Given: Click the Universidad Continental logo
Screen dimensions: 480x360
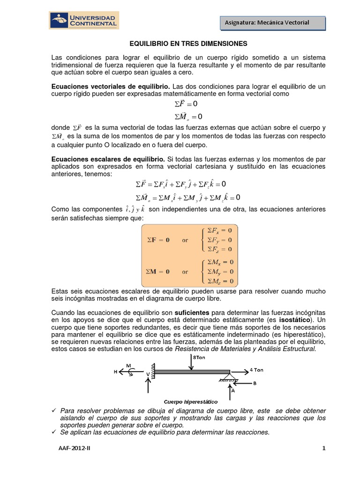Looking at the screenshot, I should (x=85, y=20).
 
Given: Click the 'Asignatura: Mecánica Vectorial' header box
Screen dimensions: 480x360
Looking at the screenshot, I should (x=272, y=22).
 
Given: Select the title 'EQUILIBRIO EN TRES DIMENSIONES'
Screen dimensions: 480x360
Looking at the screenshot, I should (x=188, y=44).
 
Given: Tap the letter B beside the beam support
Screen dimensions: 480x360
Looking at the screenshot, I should (x=255, y=383).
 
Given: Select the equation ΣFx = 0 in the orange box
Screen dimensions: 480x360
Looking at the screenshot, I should (x=217, y=230).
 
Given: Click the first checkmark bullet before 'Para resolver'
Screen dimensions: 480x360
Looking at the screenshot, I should (x=54, y=411).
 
